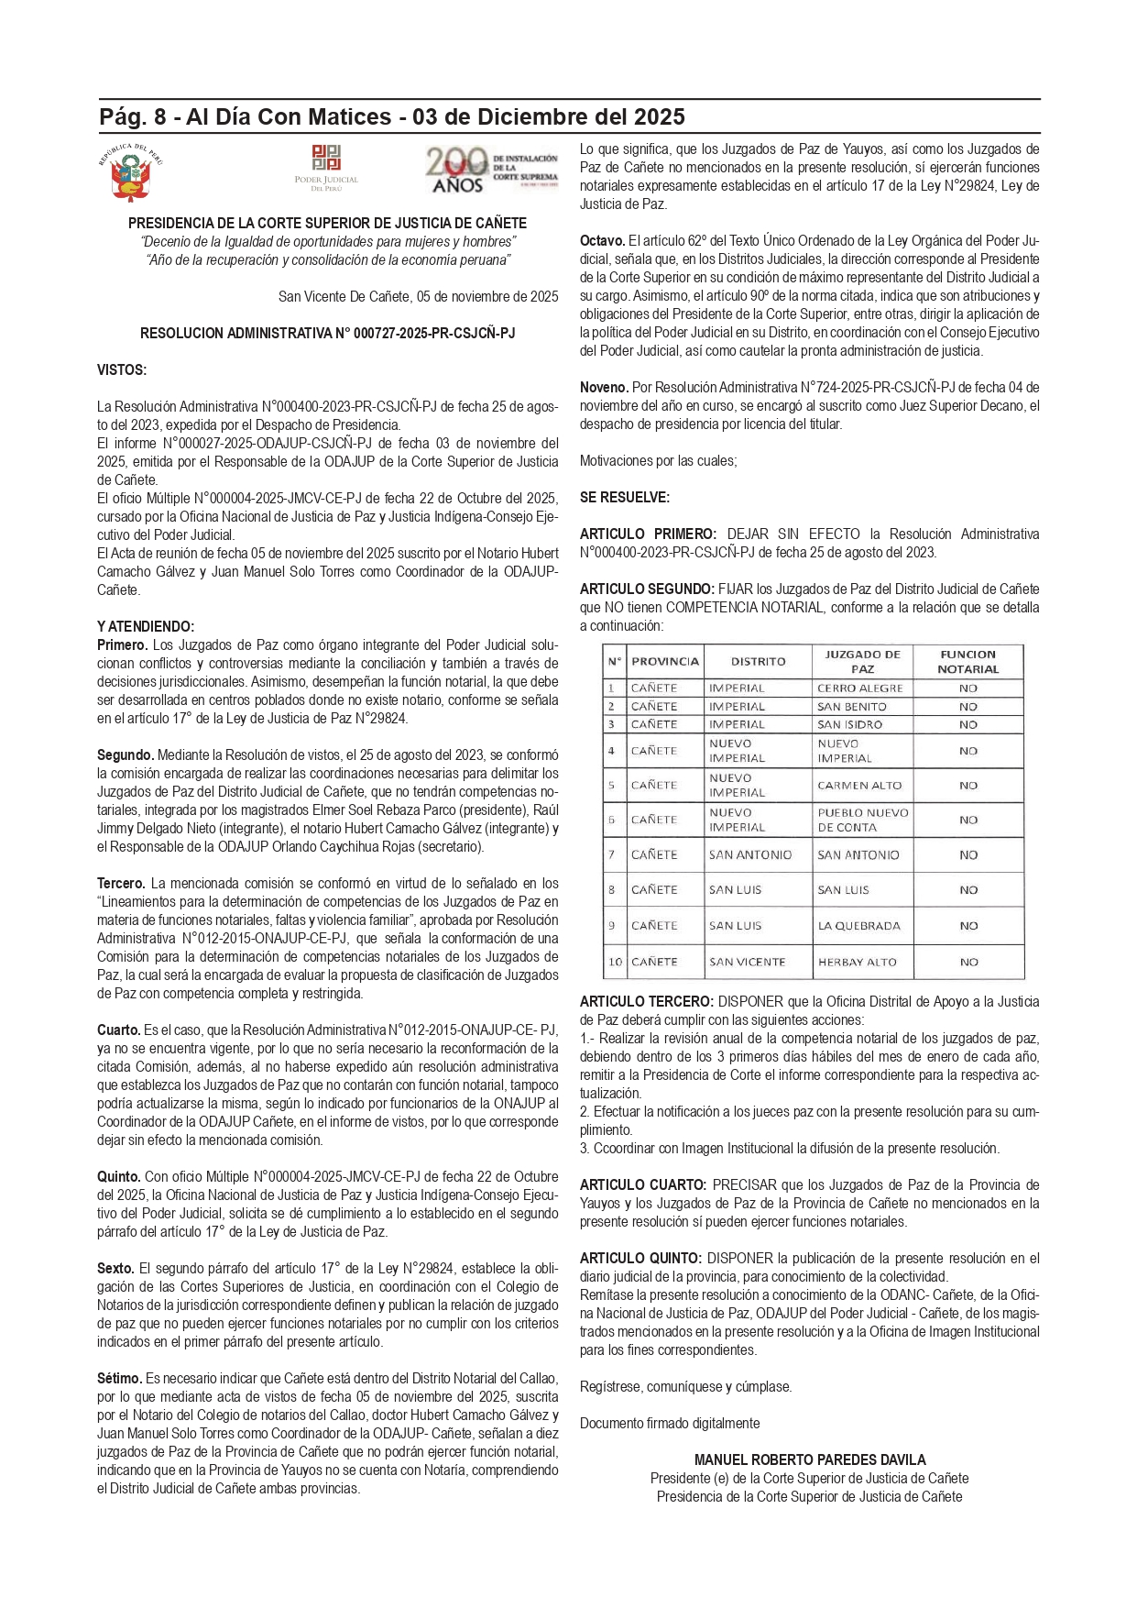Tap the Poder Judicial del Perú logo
coord(326,168)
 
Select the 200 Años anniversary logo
coord(490,171)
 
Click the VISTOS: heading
coord(122,370)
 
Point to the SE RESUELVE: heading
coord(625,498)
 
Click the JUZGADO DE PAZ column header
coord(862,661)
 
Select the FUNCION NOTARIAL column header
coord(968,661)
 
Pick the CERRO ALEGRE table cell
coord(860,688)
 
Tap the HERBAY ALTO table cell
coord(857,962)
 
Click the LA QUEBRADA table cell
coord(858,926)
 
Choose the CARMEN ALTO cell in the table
coord(859,786)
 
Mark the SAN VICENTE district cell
coord(747,962)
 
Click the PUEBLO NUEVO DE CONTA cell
coord(862,820)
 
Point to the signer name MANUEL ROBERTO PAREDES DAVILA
coord(810,1459)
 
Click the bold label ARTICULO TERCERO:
coord(646,1002)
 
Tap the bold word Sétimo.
coord(119,1379)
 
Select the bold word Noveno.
coord(604,388)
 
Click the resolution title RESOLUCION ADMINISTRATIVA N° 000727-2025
coord(327,334)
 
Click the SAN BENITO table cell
coord(852,707)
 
